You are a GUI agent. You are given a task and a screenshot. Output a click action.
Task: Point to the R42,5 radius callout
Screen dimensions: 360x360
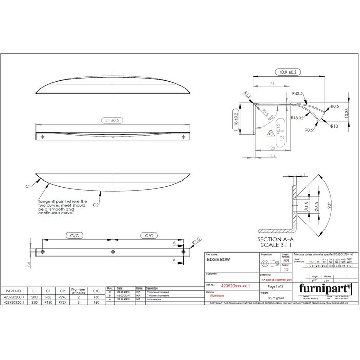click(297, 94)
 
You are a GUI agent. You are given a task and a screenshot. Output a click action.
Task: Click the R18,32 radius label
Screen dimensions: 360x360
click(296, 118)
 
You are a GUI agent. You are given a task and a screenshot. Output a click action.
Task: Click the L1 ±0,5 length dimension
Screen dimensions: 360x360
click(112, 120)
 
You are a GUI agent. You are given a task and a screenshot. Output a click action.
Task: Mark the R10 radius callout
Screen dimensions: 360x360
click(334, 125)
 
